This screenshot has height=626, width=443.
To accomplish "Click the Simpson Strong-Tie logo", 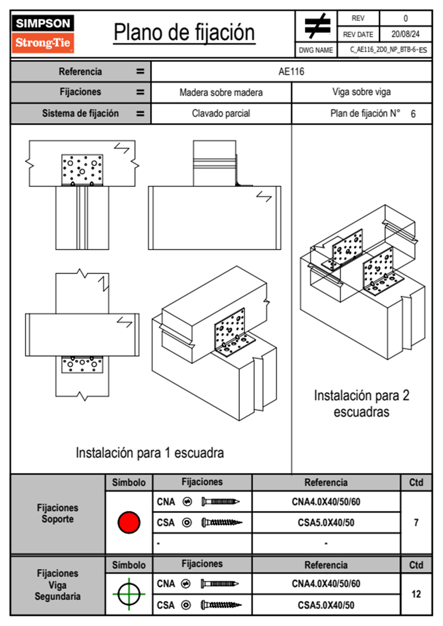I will (43, 33).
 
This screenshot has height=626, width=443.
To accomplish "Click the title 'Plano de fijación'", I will (184, 33).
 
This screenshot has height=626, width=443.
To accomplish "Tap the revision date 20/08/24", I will (405, 34).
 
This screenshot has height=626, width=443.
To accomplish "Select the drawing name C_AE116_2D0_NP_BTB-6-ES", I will (388, 50).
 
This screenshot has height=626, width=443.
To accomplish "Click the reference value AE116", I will (291, 71).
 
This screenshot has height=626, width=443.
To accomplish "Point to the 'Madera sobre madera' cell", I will (221, 92).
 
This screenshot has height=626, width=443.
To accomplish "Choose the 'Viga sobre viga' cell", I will (361, 92).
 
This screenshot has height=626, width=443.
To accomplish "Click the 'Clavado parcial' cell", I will (221, 113).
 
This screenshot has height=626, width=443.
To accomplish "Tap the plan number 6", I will (413, 114).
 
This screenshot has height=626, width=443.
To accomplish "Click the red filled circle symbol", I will (129, 522).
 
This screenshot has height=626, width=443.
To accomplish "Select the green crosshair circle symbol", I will (129, 594).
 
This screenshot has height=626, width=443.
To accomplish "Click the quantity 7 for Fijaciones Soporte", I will (416, 523).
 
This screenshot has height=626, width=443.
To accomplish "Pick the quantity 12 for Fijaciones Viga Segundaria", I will (416, 594).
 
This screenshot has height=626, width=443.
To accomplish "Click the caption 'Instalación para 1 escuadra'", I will (150, 453).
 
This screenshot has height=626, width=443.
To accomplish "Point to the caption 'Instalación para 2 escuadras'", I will (361, 403).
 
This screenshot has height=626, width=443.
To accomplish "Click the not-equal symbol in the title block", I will (317, 26).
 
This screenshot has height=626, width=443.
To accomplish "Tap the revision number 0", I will (405, 18).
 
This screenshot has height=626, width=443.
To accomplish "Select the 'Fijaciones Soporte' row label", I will (58, 513).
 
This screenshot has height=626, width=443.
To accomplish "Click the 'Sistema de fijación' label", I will (80, 113).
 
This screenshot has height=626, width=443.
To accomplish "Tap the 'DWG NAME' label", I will (316, 50).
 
